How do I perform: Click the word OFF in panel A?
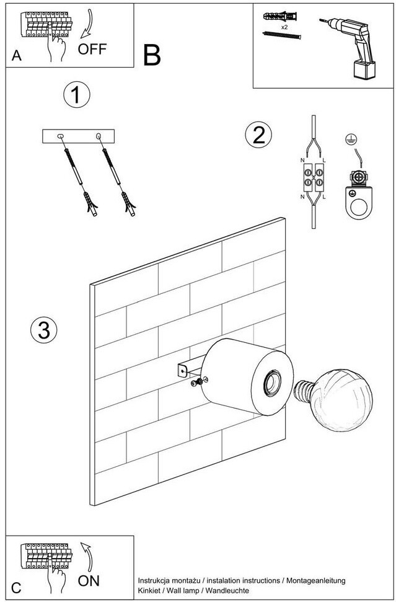92,49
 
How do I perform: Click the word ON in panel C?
89,580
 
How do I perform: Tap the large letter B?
151,56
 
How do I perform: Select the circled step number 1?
76,96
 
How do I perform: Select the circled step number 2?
258,135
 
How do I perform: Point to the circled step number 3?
43,330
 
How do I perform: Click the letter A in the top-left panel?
17,56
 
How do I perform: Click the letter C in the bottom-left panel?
17,588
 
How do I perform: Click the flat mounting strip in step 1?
78,136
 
